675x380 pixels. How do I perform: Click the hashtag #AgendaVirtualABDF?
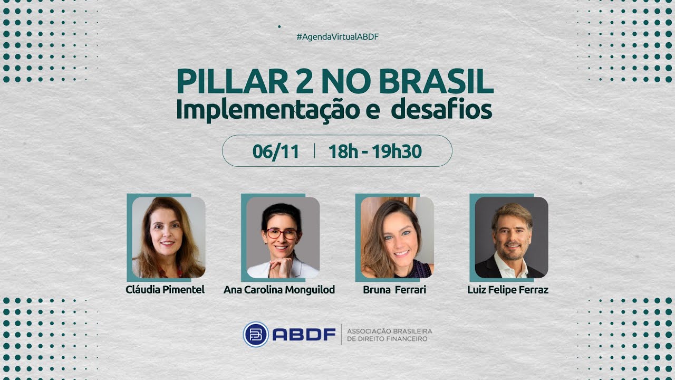(337, 37)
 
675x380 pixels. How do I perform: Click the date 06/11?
(276, 151)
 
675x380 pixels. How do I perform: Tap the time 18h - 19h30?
(375, 151)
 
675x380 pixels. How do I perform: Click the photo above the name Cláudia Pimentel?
(168, 237)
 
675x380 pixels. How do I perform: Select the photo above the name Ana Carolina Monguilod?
(283, 237)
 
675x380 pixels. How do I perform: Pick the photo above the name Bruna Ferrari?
(397, 237)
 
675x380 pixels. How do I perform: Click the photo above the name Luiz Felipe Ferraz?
(511, 237)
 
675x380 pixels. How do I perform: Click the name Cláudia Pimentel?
(165, 290)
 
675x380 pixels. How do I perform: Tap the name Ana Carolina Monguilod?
(279, 290)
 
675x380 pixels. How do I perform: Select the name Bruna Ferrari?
(394, 290)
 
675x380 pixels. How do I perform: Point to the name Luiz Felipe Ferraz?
(508, 290)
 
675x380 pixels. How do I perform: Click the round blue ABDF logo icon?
(256, 334)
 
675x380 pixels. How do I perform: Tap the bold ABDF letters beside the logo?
(304, 335)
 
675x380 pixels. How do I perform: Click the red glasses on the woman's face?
(282, 233)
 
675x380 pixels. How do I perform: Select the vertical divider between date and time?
(314, 151)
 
